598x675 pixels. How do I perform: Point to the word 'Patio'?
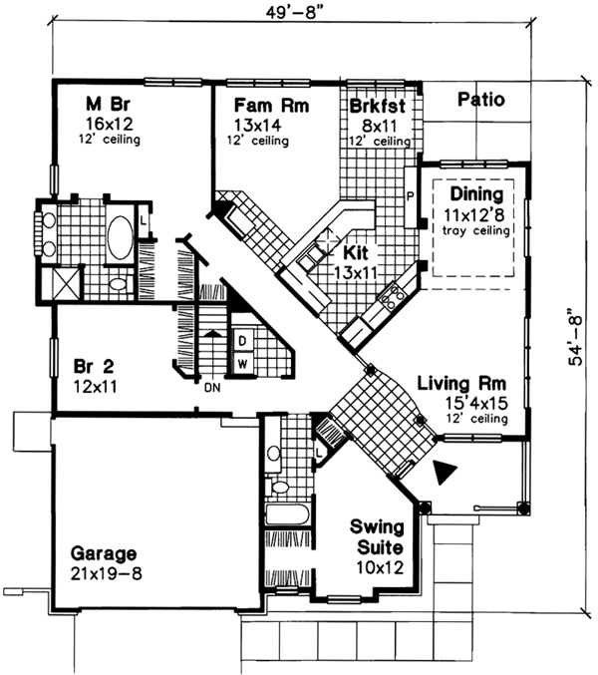click(481, 100)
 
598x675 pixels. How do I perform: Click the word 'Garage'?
click(103, 553)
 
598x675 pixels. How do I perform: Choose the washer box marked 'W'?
click(242, 363)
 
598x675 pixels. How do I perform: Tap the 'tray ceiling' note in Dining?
click(475, 230)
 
